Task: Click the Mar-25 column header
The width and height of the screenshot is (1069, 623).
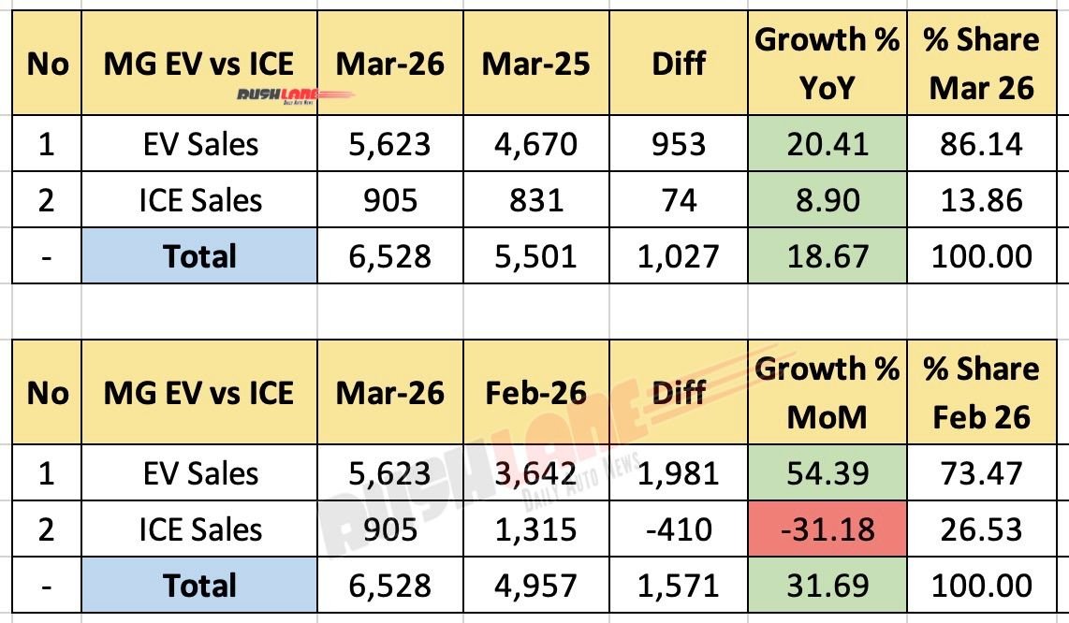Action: (535, 65)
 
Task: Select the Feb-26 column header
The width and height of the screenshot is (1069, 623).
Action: (535, 393)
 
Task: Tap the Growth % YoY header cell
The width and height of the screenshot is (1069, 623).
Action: (827, 64)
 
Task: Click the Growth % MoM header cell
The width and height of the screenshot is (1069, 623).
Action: (827, 393)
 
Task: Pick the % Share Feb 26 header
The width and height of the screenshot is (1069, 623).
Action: (980, 393)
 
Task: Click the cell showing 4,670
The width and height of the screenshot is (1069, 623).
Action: (535, 144)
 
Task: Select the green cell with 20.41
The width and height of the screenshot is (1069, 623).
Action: (827, 144)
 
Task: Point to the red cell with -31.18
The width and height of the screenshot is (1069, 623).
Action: (827, 529)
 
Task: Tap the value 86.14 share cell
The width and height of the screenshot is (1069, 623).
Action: (980, 144)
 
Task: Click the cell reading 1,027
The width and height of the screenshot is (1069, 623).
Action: (679, 256)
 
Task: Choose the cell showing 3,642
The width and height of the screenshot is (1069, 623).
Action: (535, 473)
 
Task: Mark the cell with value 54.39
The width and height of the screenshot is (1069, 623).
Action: (827, 473)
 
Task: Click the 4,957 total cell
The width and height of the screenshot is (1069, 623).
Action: (535, 586)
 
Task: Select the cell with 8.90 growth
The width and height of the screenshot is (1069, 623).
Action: (827, 200)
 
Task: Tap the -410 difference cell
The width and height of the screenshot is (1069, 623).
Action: (679, 529)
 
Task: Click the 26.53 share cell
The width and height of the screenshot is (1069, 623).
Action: (980, 529)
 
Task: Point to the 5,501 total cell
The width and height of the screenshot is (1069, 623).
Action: (535, 256)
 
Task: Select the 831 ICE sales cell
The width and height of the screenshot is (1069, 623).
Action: (535, 200)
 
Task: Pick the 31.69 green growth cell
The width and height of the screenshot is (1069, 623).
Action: (827, 586)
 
